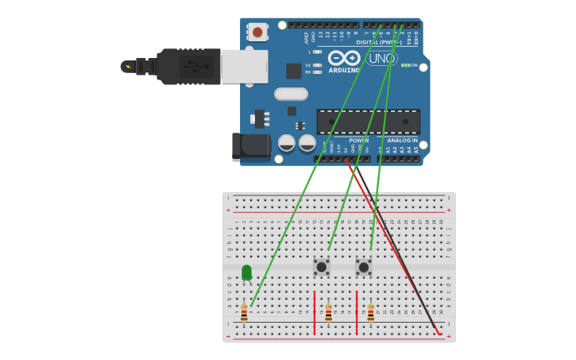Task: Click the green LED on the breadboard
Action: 246,273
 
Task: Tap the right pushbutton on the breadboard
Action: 364,267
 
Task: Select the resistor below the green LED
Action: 244,312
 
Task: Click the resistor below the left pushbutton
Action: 328,312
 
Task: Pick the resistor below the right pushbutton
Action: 370,312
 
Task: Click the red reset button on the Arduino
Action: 257,33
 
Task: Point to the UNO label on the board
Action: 382,58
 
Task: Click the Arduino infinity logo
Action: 344,58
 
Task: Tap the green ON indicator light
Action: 405,65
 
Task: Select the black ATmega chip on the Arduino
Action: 368,122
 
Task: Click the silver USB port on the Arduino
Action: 244,67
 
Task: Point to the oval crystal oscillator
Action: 291,94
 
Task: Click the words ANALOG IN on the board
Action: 402,140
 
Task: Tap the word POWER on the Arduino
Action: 358,140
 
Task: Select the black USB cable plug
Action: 188,67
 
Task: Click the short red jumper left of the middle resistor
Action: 315,312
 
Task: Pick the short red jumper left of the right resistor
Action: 357,312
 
